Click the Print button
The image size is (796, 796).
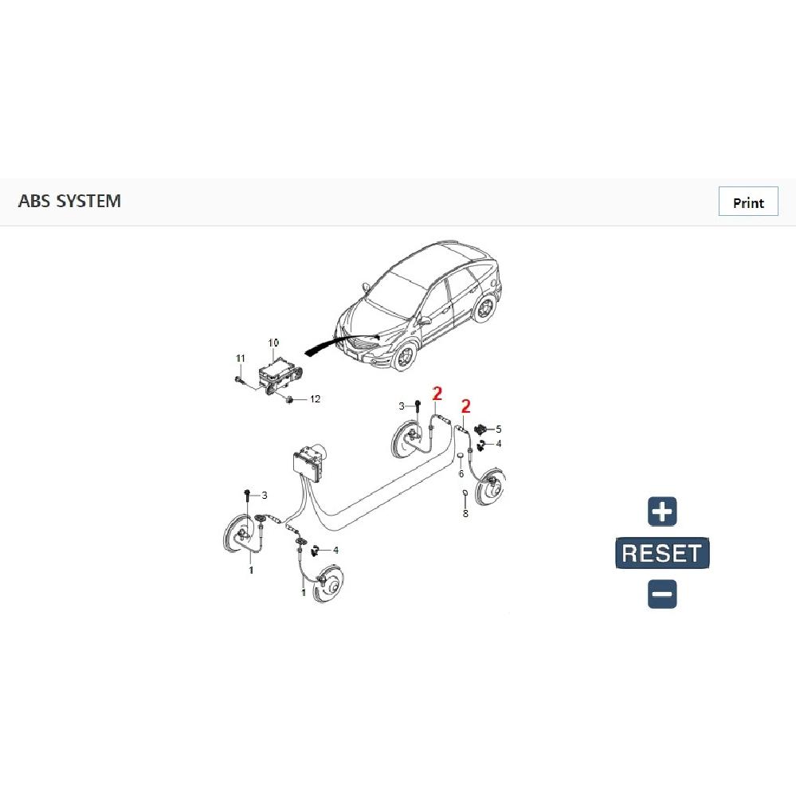pos(747,202)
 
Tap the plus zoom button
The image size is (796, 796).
pos(662,512)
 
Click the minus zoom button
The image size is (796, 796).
pos(662,594)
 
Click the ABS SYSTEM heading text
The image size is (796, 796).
pos(69,201)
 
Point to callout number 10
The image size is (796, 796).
pos(273,343)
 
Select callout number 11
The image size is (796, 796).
pos(241,359)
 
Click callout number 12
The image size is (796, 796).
pos(316,399)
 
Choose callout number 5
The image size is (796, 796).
pos(499,429)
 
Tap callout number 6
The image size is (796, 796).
pos(461,473)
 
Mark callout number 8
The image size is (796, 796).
pos(465,514)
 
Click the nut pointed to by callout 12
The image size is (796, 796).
pos(290,399)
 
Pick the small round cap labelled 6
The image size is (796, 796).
pos(460,458)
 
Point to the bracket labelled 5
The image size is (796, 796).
pos(480,429)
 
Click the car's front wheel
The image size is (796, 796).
pos(405,355)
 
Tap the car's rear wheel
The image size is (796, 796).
pos(484,308)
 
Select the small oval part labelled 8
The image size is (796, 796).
pos(465,492)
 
